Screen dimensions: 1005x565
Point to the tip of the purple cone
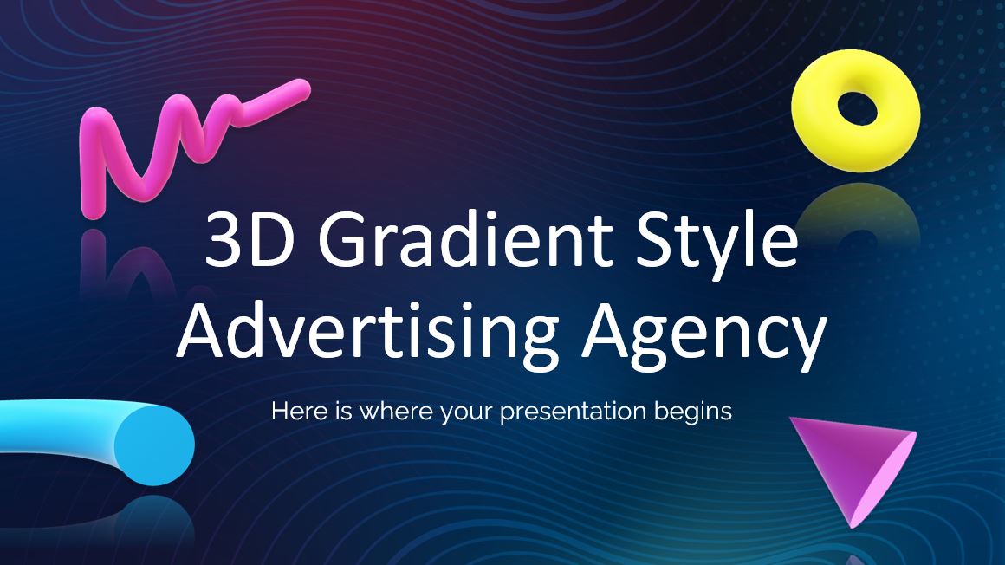click(x=853, y=527)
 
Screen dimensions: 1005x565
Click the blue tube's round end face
click(x=154, y=445)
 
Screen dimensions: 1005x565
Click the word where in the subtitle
click(x=396, y=411)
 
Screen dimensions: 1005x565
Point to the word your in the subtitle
click(x=467, y=413)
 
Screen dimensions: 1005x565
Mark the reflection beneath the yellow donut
click(x=859, y=211)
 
